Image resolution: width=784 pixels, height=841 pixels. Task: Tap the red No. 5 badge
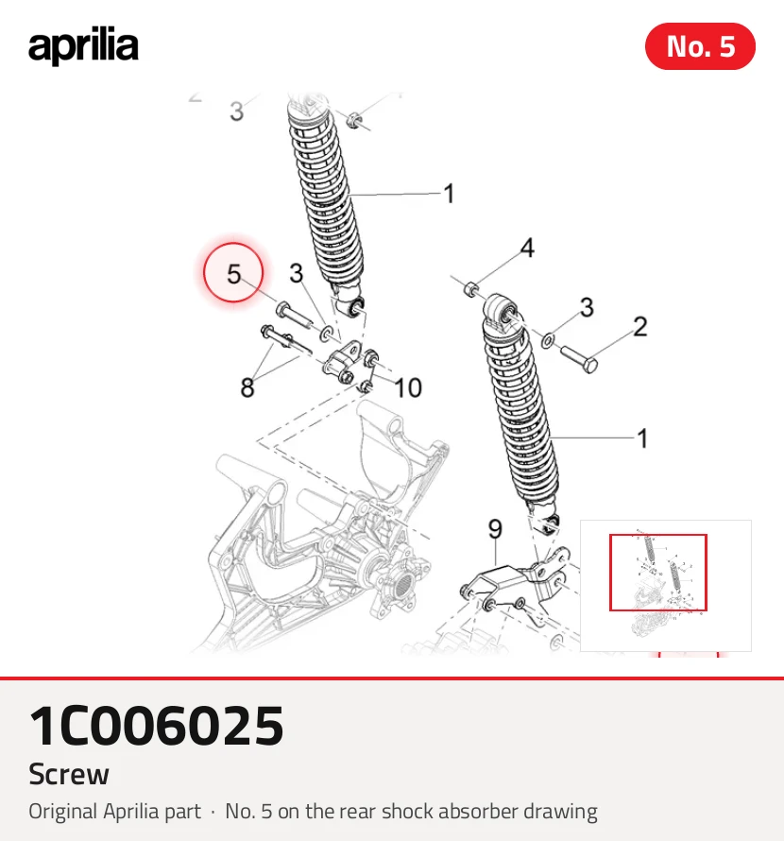pyautogui.click(x=700, y=46)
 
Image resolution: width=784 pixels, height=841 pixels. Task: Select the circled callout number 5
pyautogui.click(x=233, y=272)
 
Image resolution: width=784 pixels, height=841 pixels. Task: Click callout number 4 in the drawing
pyautogui.click(x=528, y=248)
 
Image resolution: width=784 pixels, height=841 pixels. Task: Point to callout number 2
pyautogui.click(x=639, y=327)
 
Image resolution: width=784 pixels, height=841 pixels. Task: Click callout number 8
pyautogui.click(x=247, y=387)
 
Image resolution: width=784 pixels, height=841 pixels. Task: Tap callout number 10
pyautogui.click(x=408, y=387)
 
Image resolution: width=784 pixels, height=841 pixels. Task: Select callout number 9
pyautogui.click(x=495, y=529)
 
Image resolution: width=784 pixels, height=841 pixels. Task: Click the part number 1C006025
pyautogui.click(x=156, y=726)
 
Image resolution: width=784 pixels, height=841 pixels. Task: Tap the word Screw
pyautogui.click(x=69, y=774)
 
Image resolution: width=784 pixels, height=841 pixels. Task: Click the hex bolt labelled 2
pyautogui.click(x=579, y=359)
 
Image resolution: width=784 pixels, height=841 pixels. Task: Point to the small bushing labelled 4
pyautogui.click(x=470, y=289)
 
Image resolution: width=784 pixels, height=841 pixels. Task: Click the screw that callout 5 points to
pyautogui.click(x=294, y=315)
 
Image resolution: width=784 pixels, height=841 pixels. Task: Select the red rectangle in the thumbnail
pyautogui.click(x=658, y=573)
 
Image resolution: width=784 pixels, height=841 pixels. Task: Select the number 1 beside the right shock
pyautogui.click(x=642, y=438)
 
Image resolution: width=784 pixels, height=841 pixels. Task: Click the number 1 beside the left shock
pyautogui.click(x=450, y=194)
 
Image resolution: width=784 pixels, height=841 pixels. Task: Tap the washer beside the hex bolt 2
pyautogui.click(x=548, y=340)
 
